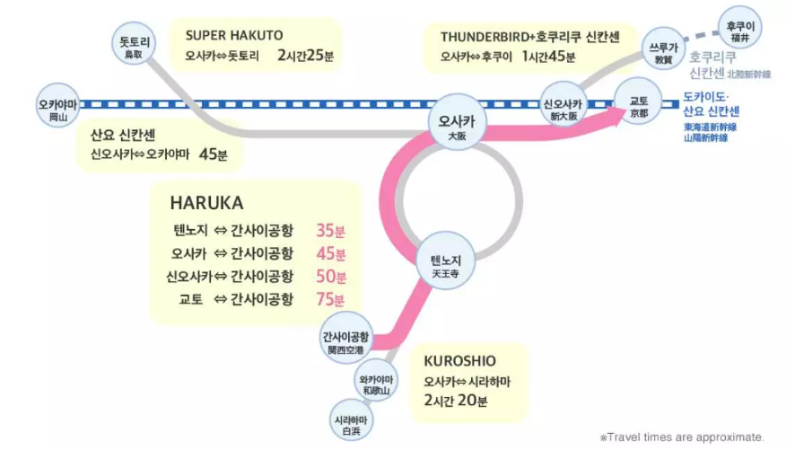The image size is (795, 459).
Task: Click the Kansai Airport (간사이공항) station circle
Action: click(x=345, y=340)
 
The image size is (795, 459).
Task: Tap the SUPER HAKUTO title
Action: click(x=234, y=35)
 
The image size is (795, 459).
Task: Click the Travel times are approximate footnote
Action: click(x=682, y=437)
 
